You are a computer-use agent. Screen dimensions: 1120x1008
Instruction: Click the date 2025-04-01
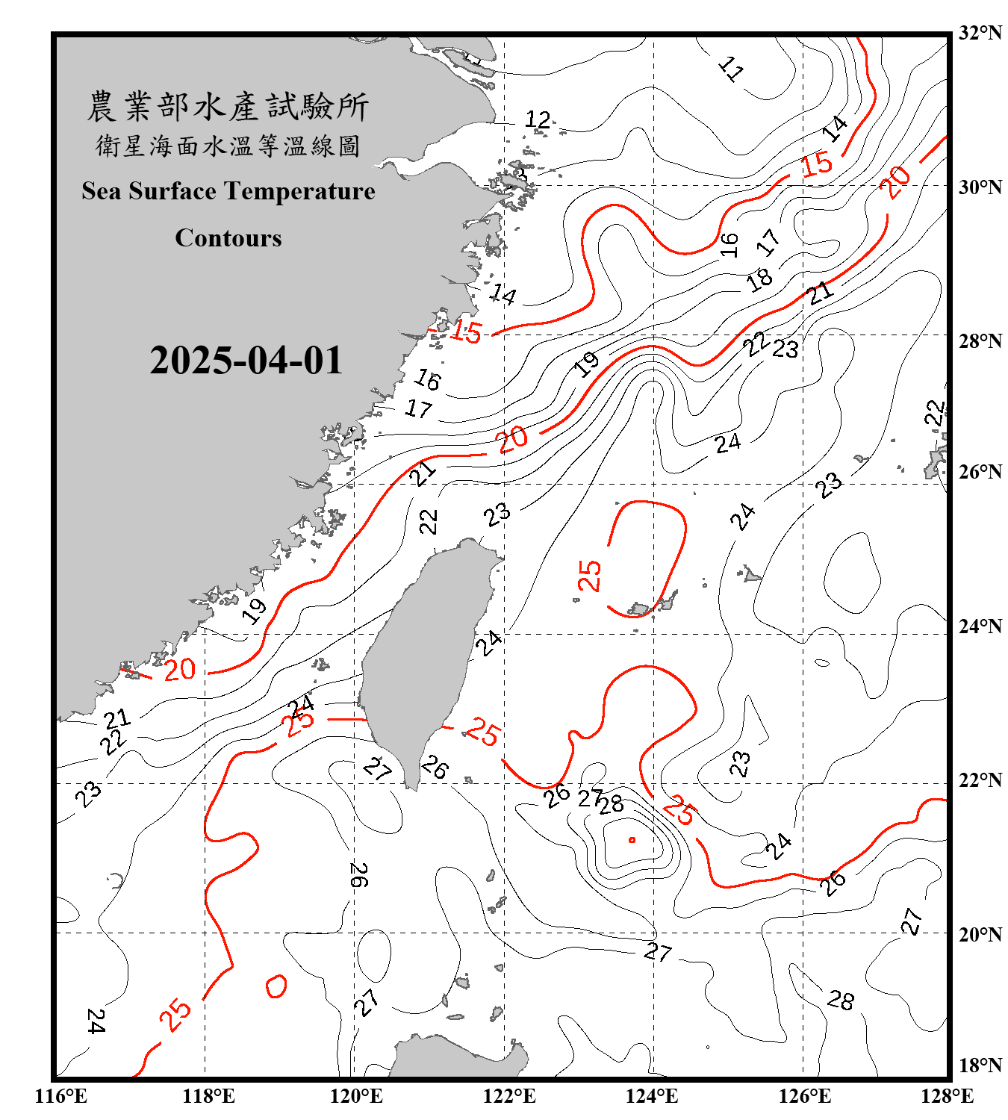tap(246, 361)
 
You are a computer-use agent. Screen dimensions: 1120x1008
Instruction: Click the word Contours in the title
tap(228, 238)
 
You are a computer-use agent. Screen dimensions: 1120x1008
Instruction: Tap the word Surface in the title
tap(172, 191)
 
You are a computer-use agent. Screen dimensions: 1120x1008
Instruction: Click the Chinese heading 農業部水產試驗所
tap(228, 107)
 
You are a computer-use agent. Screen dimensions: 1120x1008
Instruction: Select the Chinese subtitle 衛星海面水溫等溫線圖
tap(228, 146)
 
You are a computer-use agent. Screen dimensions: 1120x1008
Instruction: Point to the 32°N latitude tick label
tap(980, 33)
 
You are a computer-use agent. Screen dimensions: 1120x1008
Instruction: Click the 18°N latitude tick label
tap(980, 1065)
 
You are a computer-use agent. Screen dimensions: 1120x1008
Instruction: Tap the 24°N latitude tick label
tap(980, 626)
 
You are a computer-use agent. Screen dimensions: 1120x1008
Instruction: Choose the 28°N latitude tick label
tap(980, 340)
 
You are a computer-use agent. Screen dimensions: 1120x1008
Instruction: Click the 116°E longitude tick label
tap(61, 1096)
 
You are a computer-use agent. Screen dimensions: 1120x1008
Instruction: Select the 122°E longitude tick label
tap(509, 1096)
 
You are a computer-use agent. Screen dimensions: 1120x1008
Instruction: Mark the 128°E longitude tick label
tap(947, 1096)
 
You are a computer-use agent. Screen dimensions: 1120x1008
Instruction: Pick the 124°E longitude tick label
tap(652, 1096)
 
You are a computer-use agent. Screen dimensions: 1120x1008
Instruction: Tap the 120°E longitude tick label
tap(356, 1096)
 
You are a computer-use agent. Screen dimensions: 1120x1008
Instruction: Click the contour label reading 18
tap(759, 279)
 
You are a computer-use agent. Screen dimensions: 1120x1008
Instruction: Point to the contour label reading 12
tap(538, 119)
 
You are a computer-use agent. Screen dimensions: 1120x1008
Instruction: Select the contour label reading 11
tap(731, 69)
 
